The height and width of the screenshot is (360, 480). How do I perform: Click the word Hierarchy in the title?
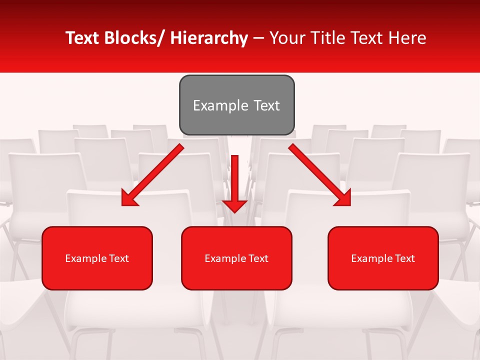(x=209, y=38)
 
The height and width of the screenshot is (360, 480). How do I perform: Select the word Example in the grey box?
(x=220, y=105)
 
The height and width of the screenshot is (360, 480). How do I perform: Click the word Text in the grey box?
(x=266, y=105)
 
